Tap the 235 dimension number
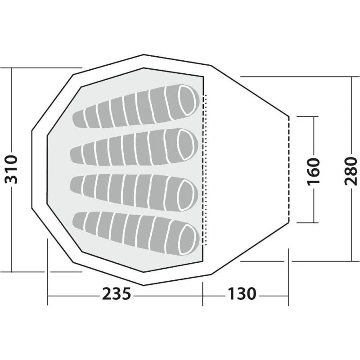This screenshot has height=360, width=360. (x=117, y=294)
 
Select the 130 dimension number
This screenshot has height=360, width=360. (x=242, y=294)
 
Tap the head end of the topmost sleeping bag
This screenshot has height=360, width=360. (x=188, y=100)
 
